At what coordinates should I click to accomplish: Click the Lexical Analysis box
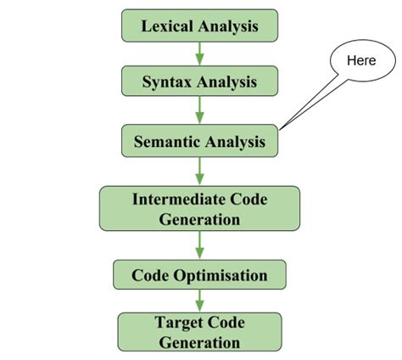199,25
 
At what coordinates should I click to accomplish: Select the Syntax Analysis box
199,82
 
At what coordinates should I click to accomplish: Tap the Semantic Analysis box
199,141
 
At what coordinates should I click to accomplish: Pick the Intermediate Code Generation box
199,208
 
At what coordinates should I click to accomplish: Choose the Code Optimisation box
199,275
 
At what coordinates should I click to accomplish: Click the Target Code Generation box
199,332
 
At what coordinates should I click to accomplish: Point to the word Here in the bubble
361,61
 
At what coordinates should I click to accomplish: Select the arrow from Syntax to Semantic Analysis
199,110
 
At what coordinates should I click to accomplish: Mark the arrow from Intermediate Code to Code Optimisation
199,245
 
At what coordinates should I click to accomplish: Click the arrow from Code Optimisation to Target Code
199,301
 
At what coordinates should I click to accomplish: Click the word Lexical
167,25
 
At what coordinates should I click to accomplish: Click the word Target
179,323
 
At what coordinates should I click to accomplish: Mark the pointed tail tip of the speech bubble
281,130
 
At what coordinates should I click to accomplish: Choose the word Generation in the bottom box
199,342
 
